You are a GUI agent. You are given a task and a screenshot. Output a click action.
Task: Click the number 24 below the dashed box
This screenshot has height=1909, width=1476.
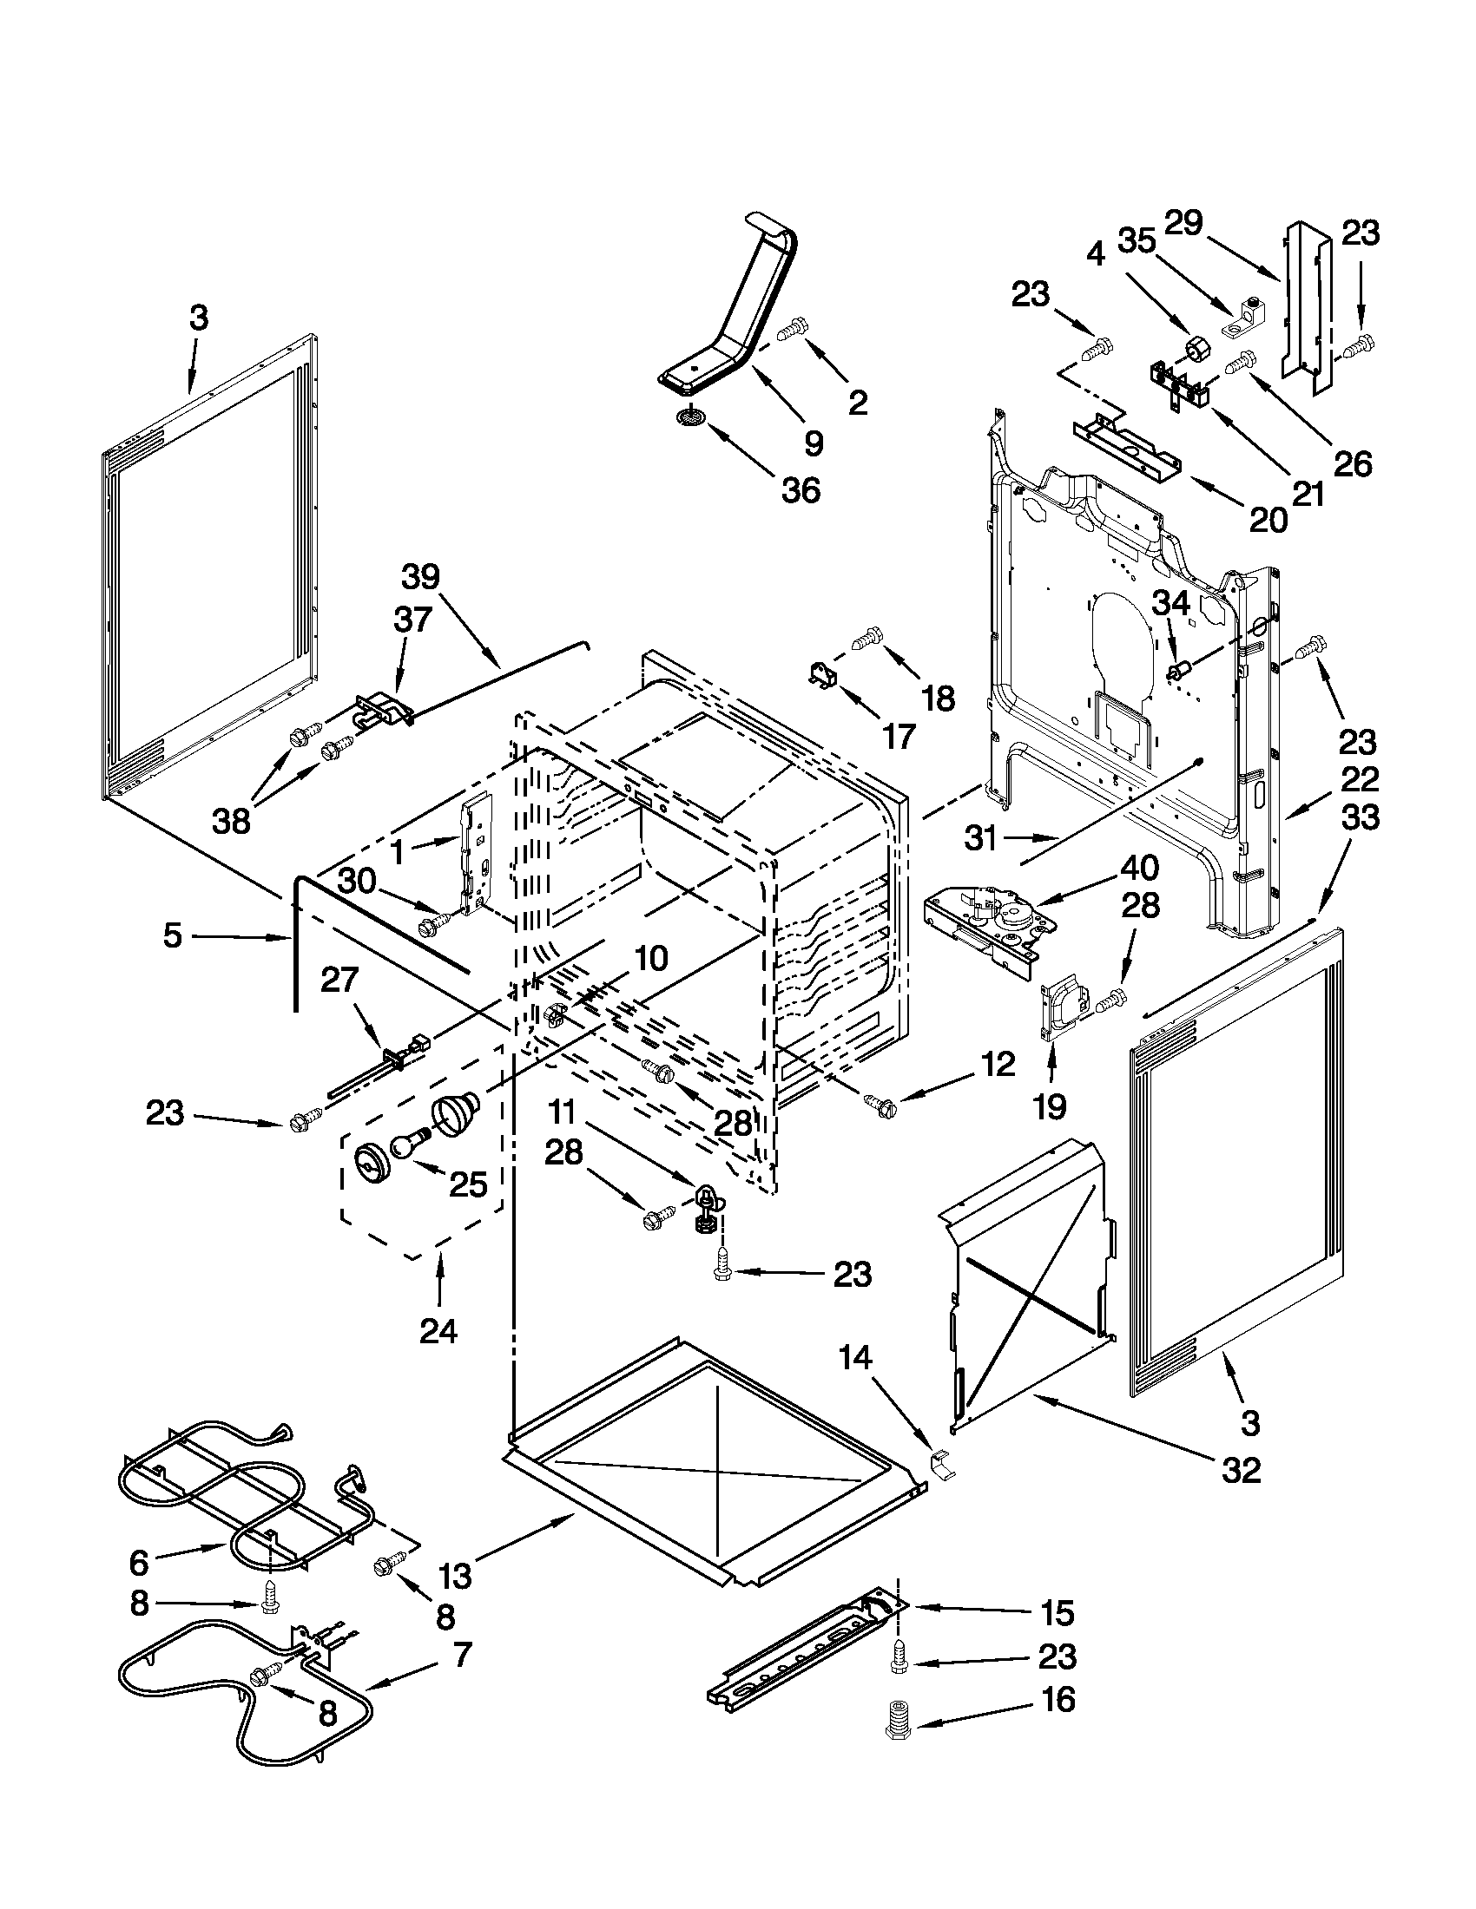(438, 1332)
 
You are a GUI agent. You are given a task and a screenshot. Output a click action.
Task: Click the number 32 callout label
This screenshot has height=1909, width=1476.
(1241, 1470)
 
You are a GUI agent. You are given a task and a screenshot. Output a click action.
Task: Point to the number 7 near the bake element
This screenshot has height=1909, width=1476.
(462, 1654)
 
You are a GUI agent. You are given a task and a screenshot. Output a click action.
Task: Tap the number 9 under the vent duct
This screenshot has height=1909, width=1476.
(814, 444)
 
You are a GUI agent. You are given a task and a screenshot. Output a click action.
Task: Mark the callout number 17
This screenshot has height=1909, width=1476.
(898, 736)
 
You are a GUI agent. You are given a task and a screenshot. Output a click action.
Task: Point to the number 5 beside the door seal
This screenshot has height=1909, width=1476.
(172, 936)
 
